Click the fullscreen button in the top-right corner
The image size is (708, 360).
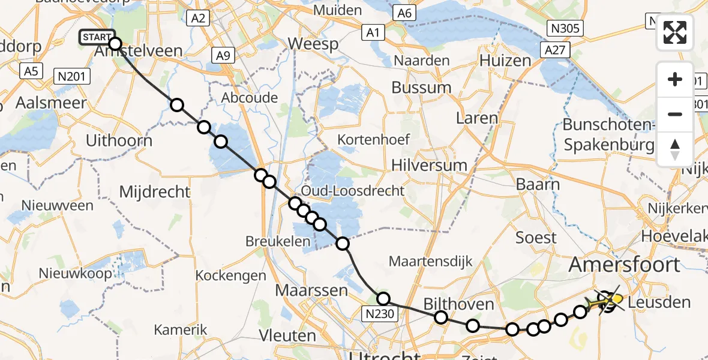pyautogui.click(x=675, y=32)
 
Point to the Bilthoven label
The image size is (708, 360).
pyautogui.click(x=459, y=304)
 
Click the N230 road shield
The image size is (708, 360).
pyautogui.click(x=381, y=314)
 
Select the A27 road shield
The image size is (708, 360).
pyautogui.click(x=555, y=50)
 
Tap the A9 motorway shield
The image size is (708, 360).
pyautogui.click(x=223, y=56)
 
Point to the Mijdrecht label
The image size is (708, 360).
pyautogui.click(x=155, y=192)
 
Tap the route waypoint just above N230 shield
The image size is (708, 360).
pyautogui.click(x=383, y=298)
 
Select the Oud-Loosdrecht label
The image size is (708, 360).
pyautogui.click(x=353, y=191)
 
